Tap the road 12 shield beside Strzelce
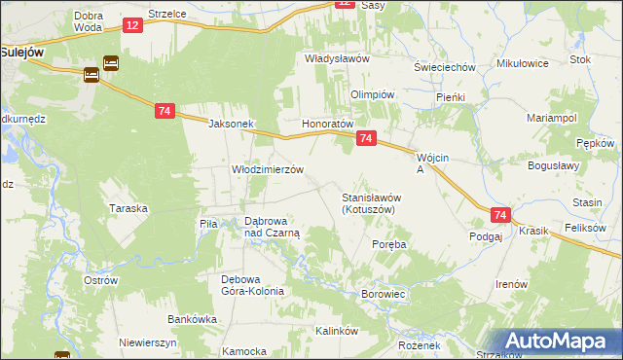pos(131,23)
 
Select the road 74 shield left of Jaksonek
pos(164,112)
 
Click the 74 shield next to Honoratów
pos(365,139)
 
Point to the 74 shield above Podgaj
pos(500,215)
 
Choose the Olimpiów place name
pos(371,94)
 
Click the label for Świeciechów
pos(443,67)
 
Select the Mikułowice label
pos(523,63)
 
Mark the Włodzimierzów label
pos(268,168)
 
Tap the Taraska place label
pos(128,208)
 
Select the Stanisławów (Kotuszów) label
pos(371,202)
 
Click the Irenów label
pos(511,283)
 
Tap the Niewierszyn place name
pos(148,342)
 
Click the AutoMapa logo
pos(559,342)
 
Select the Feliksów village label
pos(585,228)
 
